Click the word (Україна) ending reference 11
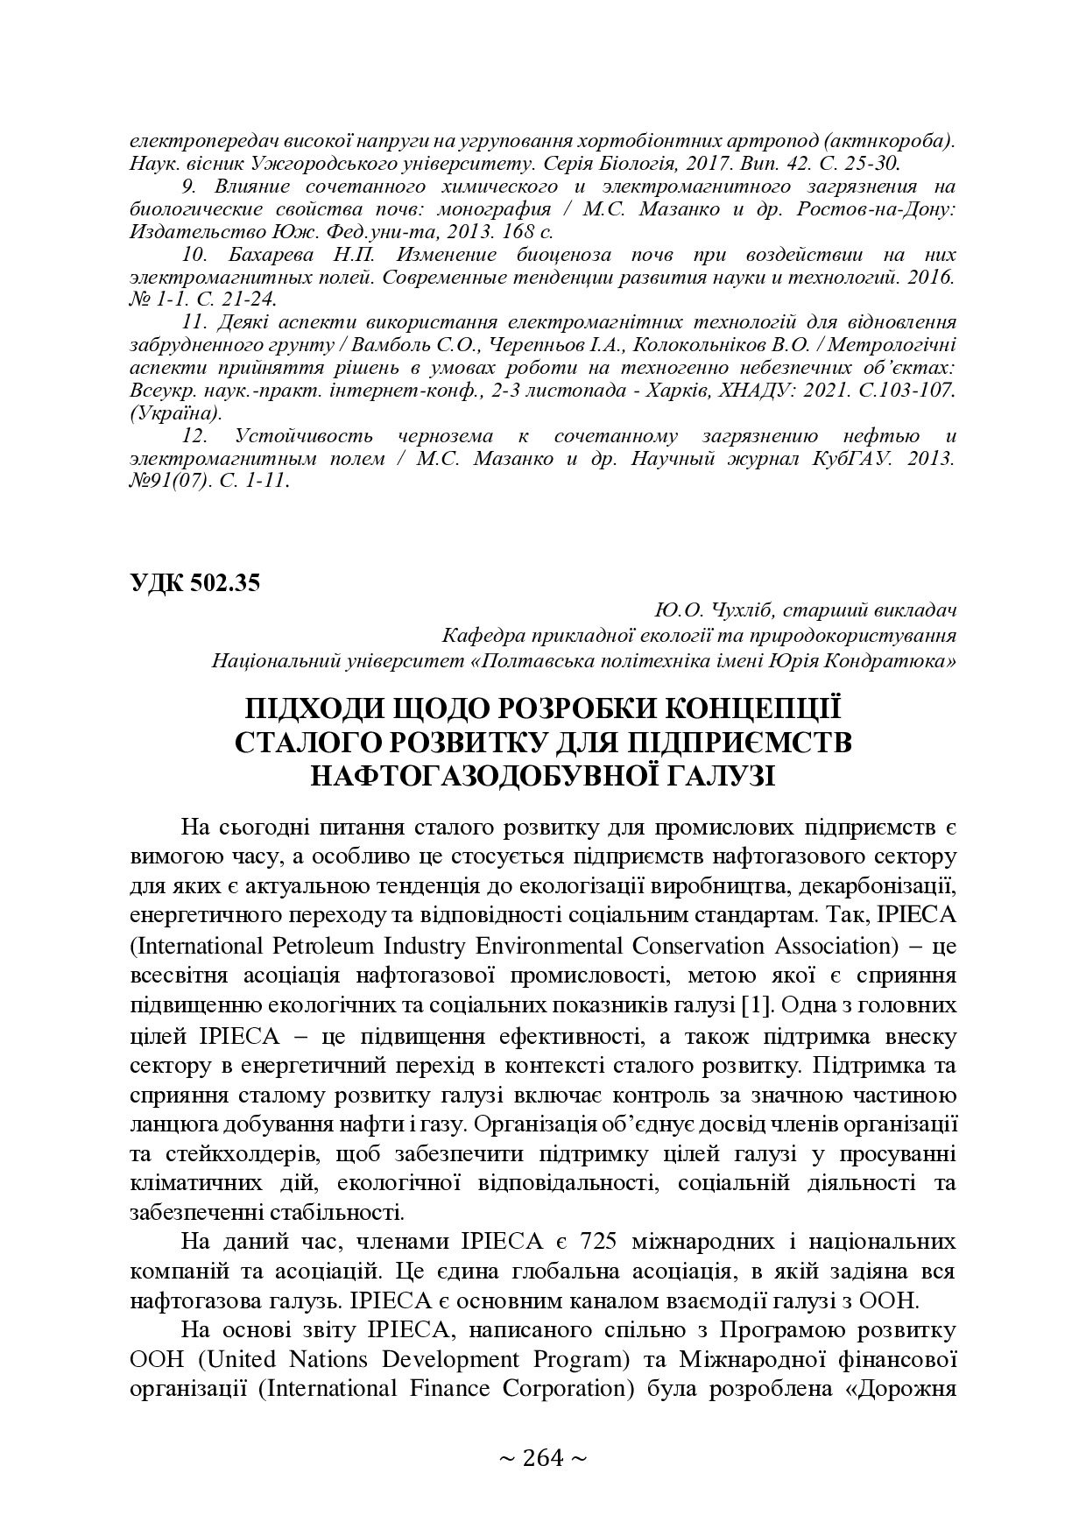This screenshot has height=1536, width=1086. (x=174, y=412)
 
